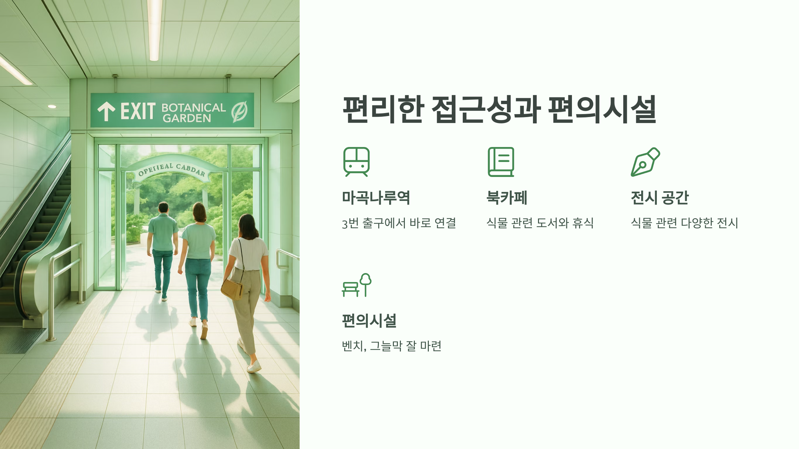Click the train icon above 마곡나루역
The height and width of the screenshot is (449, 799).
coord(356,162)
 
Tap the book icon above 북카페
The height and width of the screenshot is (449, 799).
coord(501,162)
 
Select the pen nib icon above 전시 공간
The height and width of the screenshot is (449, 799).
coord(645,162)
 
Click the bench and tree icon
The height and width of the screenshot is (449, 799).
coord(357,285)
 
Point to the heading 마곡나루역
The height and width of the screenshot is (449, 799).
coord(376,198)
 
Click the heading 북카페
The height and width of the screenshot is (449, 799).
coord(507,198)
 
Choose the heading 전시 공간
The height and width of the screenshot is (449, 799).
coord(660,198)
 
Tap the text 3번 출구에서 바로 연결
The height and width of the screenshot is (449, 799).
coord(399,223)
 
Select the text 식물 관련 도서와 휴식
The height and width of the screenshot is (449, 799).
coord(540,223)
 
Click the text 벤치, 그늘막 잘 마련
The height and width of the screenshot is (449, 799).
coord(392,346)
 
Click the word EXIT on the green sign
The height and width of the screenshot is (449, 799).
coord(138,111)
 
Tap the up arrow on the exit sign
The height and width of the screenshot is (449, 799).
coord(106,111)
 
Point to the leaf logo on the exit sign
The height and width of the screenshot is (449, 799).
coord(239,111)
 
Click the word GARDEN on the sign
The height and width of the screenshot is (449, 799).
coord(187,118)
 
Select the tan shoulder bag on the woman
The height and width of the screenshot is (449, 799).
coord(232,289)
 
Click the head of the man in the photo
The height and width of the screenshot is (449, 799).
coord(163,208)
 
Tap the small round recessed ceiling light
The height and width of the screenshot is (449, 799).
coord(52,106)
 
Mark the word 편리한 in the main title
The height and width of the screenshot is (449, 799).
coord(383,109)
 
